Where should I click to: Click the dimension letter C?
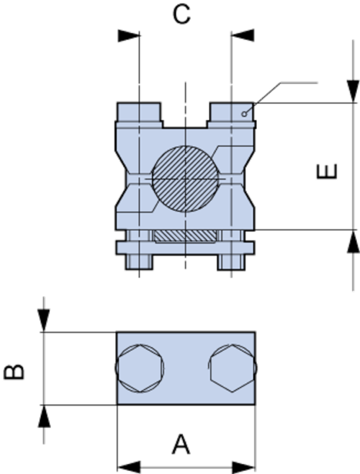(x=181, y=14)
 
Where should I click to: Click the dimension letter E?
(x=326, y=171)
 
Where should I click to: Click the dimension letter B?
(x=14, y=372)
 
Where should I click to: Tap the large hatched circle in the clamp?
(x=185, y=179)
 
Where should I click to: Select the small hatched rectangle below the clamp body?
(x=185, y=236)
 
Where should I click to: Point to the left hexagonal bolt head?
(x=140, y=368)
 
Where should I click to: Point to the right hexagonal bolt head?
(x=233, y=368)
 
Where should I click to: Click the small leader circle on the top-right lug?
(x=244, y=114)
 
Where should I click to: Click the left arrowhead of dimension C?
(x=129, y=35)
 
